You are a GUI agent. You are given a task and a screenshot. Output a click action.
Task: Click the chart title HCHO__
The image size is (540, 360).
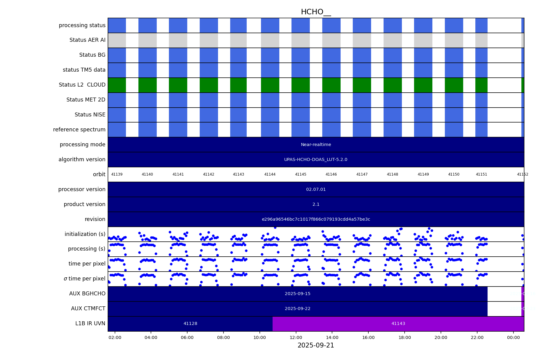[316, 12]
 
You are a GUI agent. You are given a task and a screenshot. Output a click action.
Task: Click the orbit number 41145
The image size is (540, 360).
[300, 174]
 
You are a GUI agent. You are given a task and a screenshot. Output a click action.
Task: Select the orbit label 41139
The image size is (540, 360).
[117, 174]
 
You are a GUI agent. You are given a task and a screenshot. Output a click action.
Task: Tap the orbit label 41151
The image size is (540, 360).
[481, 174]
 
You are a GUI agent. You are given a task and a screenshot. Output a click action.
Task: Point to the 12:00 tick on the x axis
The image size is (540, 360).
[296, 337]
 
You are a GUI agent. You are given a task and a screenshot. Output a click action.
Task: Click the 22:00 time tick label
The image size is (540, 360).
[477, 337]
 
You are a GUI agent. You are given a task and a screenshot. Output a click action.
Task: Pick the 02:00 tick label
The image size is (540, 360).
[115, 337]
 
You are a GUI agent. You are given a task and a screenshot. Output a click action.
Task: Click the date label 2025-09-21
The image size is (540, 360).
[316, 345]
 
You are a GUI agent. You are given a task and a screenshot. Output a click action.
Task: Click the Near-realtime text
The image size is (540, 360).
[316, 145]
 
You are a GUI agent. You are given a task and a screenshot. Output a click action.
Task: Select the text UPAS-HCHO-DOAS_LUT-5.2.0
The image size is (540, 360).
[316, 160]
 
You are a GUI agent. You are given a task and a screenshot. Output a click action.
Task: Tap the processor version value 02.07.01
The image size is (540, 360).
[316, 190]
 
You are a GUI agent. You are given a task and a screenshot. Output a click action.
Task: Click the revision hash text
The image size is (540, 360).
[316, 219]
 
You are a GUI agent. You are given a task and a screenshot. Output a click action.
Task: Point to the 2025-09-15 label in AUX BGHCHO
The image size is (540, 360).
[297, 294]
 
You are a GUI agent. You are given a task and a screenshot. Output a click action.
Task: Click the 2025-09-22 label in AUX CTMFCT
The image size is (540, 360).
[297, 309]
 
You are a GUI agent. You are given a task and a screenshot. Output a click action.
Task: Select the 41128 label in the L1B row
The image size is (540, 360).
[190, 324]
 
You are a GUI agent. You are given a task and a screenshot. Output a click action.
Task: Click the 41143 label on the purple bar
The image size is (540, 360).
[398, 324]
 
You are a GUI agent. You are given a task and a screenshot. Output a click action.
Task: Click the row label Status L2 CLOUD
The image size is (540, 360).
[82, 85]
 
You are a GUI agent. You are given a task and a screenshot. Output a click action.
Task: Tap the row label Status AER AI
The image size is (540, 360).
[87, 40]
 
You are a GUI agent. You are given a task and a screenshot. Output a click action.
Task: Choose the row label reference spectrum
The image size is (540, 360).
[79, 130]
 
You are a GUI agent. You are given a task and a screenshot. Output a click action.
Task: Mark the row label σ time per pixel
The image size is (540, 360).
[84, 279]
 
